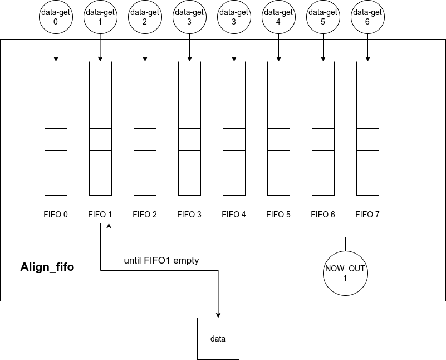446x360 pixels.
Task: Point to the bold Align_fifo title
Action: [x=47, y=267]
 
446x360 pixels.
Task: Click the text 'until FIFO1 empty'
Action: [x=161, y=260]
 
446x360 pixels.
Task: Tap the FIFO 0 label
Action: [x=56, y=215]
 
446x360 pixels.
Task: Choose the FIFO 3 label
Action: [x=189, y=215]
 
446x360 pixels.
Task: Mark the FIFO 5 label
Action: [x=278, y=215]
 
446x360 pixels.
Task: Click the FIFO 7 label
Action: [x=367, y=215]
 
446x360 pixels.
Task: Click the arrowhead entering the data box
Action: [x=218, y=315]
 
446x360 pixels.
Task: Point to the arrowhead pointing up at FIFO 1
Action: [x=109, y=226]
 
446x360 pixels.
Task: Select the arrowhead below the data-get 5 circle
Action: [x=323, y=59]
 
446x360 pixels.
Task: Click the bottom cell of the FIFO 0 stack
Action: [x=56, y=184]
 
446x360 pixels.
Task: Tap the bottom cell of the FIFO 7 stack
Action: [x=367, y=184]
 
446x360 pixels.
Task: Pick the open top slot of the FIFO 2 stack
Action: [x=145, y=72]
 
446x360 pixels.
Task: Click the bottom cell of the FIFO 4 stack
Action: [x=234, y=184]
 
